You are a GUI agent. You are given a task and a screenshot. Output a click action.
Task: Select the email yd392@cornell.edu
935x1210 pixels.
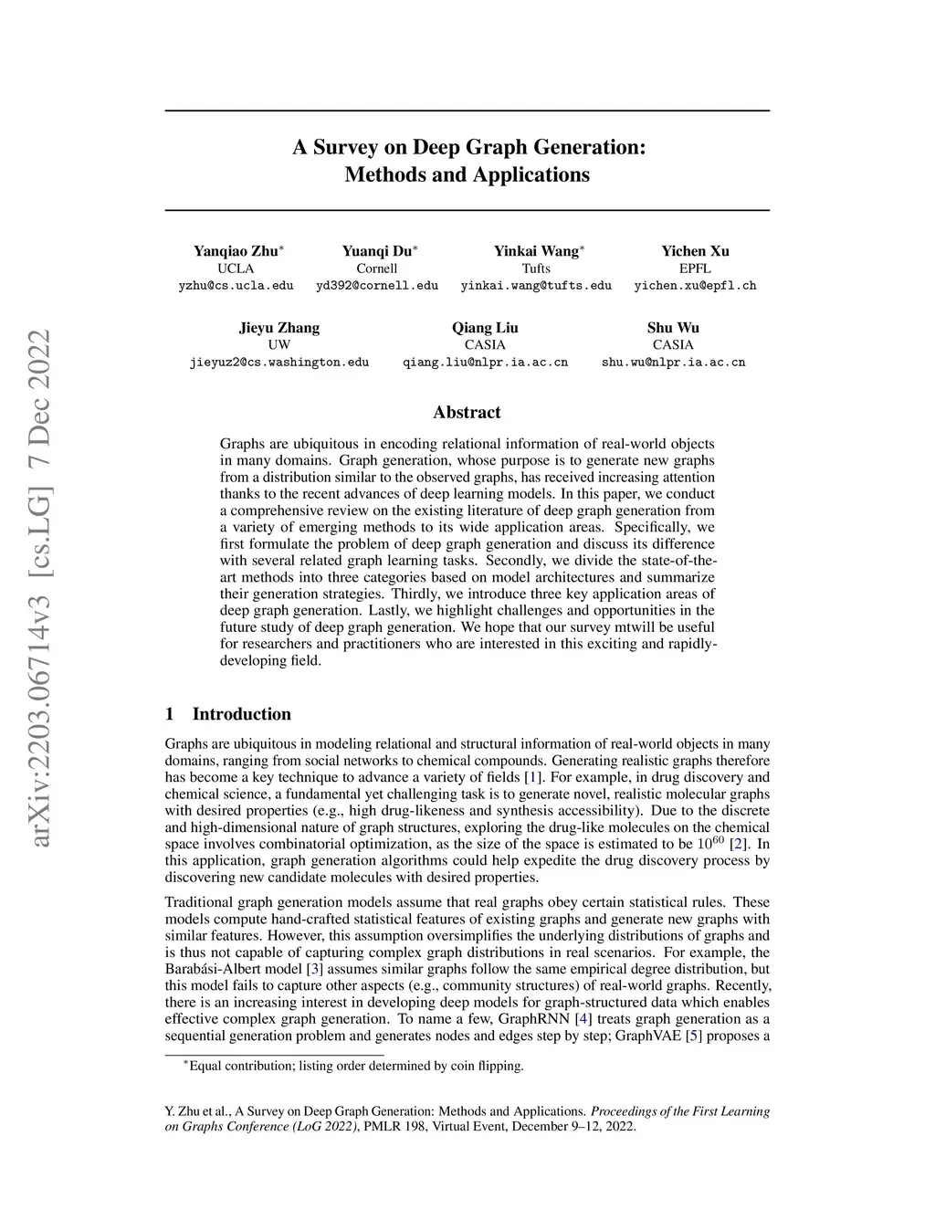[x=377, y=286]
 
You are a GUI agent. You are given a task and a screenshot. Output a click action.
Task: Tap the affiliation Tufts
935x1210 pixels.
[x=536, y=268]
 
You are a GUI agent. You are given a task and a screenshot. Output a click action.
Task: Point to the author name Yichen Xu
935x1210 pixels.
[x=695, y=251]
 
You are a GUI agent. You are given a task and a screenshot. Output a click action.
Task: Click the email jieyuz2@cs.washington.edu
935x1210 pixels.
[x=279, y=363]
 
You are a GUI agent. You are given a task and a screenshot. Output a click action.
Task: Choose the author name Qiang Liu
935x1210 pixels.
[x=485, y=328]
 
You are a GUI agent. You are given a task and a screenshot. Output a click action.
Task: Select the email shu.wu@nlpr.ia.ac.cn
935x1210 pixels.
[x=673, y=363]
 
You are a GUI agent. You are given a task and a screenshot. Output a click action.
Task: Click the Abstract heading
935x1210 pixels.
[x=467, y=413]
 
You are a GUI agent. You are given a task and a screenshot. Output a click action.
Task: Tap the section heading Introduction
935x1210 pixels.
[x=241, y=714]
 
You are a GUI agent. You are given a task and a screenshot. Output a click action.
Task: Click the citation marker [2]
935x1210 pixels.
[x=738, y=845]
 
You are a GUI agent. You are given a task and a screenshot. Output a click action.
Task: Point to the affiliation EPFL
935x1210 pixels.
[x=695, y=268]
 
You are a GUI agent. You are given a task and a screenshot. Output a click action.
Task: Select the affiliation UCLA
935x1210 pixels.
[x=236, y=268]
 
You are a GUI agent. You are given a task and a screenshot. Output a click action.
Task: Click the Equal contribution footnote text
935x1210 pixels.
[x=357, y=1066]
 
